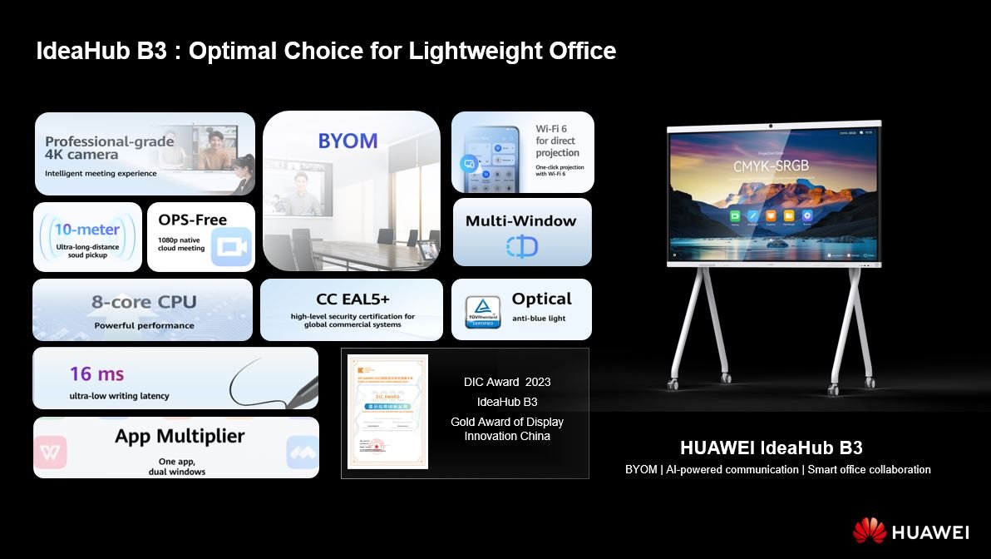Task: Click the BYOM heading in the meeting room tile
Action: pos(348,141)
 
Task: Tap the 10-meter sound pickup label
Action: pos(86,229)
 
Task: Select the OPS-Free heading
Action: pos(193,220)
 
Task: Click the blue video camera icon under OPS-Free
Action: pos(230,247)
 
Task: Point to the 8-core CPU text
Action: pos(144,302)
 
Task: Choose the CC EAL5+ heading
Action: pos(353,299)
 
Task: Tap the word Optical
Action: pos(541,299)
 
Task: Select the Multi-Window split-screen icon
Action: pos(521,246)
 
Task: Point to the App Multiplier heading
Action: pos(180,436)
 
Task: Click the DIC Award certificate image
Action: pos(387,412)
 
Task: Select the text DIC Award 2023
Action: pos(507,382)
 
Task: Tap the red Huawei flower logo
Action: pos(869,530)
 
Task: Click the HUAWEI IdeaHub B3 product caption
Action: pos(777,448)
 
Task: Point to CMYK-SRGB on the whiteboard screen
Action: pos(771,166)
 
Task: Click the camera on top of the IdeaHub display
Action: pos(772,126)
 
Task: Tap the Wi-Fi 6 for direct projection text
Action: pos(558,141)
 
